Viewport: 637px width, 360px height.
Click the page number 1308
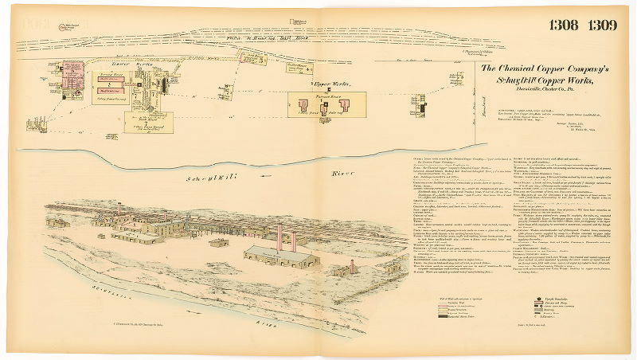[565, 24]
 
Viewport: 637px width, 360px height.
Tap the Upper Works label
[325, 82]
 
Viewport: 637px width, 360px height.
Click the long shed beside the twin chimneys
[283, 256]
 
